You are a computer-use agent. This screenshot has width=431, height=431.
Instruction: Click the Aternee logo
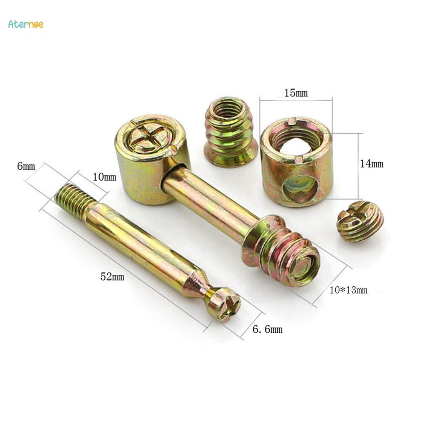click(x=26, y=24)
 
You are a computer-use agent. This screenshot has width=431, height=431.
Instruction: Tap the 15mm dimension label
click(x=296, y=93)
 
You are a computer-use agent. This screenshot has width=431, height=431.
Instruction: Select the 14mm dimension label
click(x=372, y=164)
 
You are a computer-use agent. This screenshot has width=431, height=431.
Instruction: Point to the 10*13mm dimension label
click(x=349, y=290)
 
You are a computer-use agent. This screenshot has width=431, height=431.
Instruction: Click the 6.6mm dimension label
click(x=267, y=329)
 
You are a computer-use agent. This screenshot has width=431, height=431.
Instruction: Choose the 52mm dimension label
click(x=112, y=277)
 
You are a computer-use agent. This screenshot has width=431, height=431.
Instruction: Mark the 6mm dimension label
click(x=26, y=166)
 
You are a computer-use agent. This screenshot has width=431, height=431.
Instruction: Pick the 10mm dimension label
click(x=104, y=177)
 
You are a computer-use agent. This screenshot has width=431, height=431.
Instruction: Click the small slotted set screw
click(x=360, y=221)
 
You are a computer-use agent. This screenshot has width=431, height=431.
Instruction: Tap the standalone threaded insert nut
click(x=230, y=131)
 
